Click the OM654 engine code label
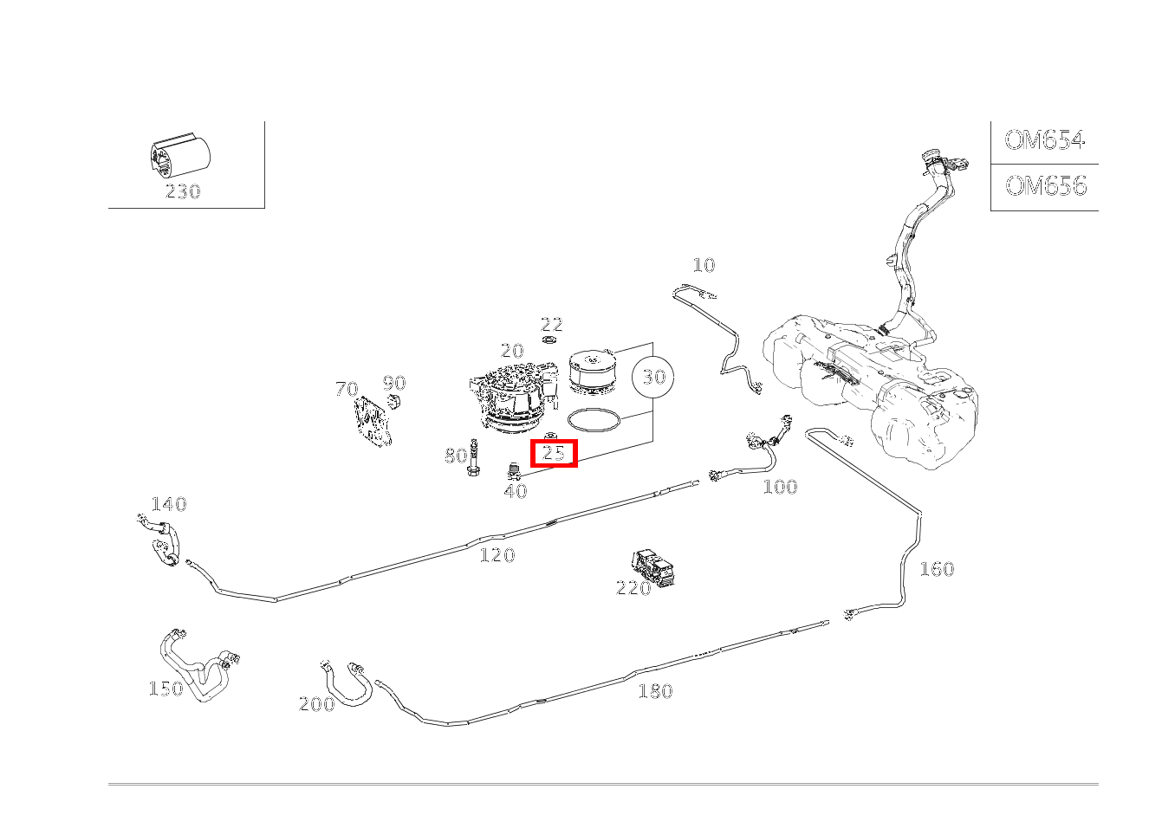[1044, 140]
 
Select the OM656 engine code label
[1045, 186]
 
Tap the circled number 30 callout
[653, 377]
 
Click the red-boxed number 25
[554, 452]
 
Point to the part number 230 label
[183, 191]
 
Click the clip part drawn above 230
[179, 156]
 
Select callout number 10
[704, 265]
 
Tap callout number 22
[552, 325]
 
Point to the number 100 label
[780, 487]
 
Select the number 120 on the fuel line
[497, 555]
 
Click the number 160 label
[936, 569]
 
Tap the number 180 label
[655, 691]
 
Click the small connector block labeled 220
[655, 567]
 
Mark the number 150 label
[166, 689]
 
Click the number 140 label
[169, 504]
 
